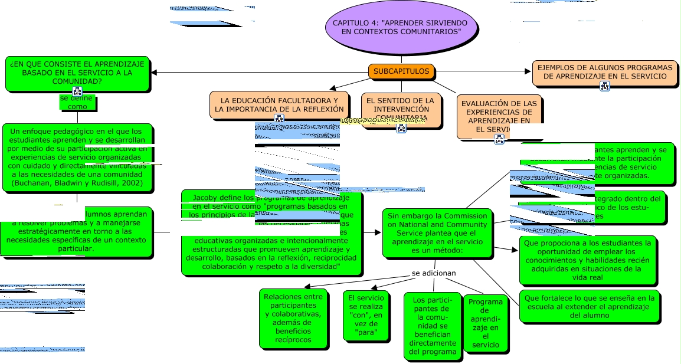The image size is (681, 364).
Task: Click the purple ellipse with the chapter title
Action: point(401,27)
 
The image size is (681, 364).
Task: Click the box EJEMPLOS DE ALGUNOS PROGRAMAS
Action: point(605,72)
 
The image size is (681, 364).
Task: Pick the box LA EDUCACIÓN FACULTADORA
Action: point(279,104)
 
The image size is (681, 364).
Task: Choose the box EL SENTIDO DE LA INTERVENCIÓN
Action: point(401,109)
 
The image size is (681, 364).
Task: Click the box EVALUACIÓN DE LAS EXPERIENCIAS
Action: point(499,116)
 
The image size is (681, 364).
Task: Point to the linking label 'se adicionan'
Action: point(434,273)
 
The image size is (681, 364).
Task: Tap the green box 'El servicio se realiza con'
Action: point(366,316)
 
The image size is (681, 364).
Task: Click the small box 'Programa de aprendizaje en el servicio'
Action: point(485,323)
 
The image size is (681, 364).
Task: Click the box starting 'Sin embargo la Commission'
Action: point(437,233)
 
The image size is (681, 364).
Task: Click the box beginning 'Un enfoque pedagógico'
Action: point(77,158)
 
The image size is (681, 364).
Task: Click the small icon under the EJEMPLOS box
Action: point(605,86)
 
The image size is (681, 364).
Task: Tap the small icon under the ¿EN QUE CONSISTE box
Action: point(77,91)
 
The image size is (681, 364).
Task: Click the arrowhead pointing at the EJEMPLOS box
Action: point(528,71)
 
